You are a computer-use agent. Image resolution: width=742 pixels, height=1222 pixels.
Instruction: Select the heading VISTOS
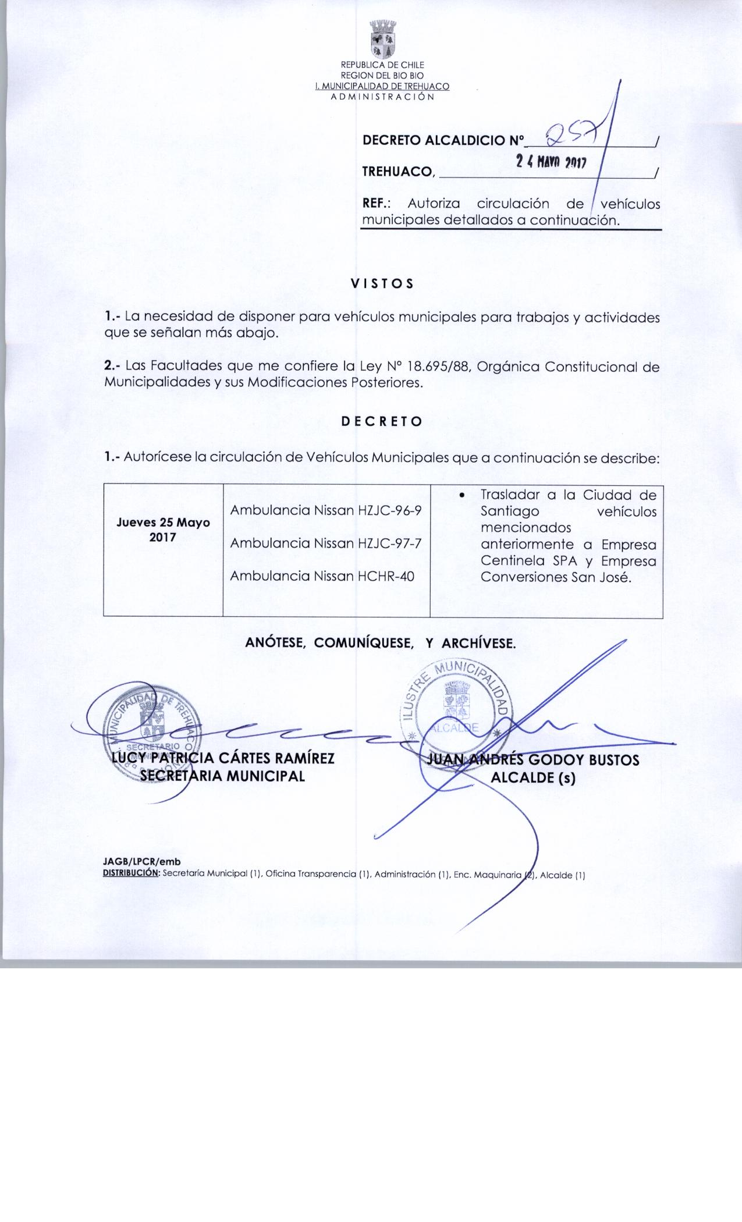382,283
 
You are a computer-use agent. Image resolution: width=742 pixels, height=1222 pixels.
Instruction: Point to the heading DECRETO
381,422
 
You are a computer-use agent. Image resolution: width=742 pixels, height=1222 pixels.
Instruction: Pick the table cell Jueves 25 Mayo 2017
163,530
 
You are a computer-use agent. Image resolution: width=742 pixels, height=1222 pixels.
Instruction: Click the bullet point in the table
461,495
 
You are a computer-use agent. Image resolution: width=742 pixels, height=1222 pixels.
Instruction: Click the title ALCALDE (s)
533,777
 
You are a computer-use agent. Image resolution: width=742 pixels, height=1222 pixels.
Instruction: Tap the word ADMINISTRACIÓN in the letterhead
382,97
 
